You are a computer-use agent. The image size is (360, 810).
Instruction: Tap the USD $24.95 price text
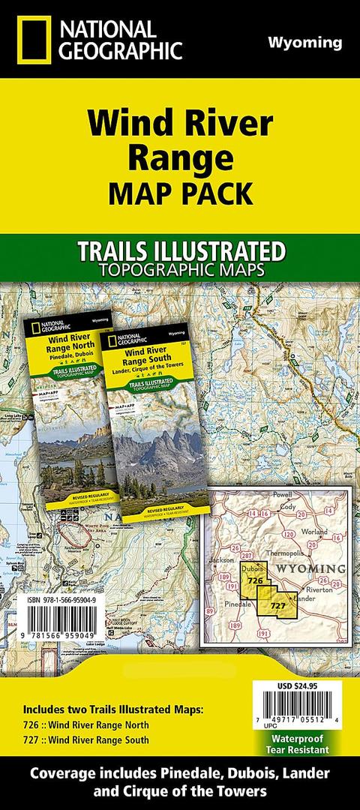(x=301, y=685)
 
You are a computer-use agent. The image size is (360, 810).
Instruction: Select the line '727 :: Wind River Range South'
(x=85, y=740)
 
